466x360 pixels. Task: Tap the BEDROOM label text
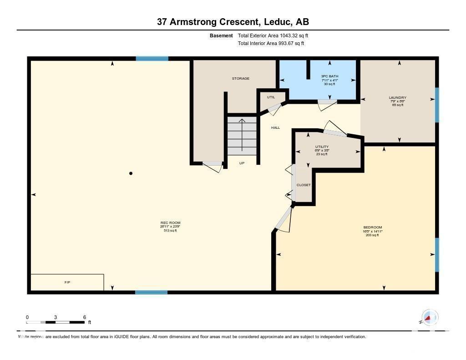tap(372, 227)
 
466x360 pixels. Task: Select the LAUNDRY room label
tap(397, 97)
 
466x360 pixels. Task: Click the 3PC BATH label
tap(329, 76)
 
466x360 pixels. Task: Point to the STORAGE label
tap(240, 78)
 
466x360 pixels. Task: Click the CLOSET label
tap(304, 185)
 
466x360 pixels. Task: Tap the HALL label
tap(275, 127)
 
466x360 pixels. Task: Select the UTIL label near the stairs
tap(271, 97)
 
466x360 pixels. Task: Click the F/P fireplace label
tap(67, 282)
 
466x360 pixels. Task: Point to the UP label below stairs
tap(242, 162)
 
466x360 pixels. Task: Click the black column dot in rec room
tap(131, 173)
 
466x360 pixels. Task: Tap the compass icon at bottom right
tap(429, 317)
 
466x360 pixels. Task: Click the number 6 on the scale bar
tap(85, 317)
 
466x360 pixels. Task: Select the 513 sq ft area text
tap(170, 231)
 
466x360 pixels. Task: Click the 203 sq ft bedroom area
tap(372, 235)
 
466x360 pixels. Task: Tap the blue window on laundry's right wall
tap(437, 105)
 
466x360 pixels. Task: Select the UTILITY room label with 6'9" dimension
tap(322, 147)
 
